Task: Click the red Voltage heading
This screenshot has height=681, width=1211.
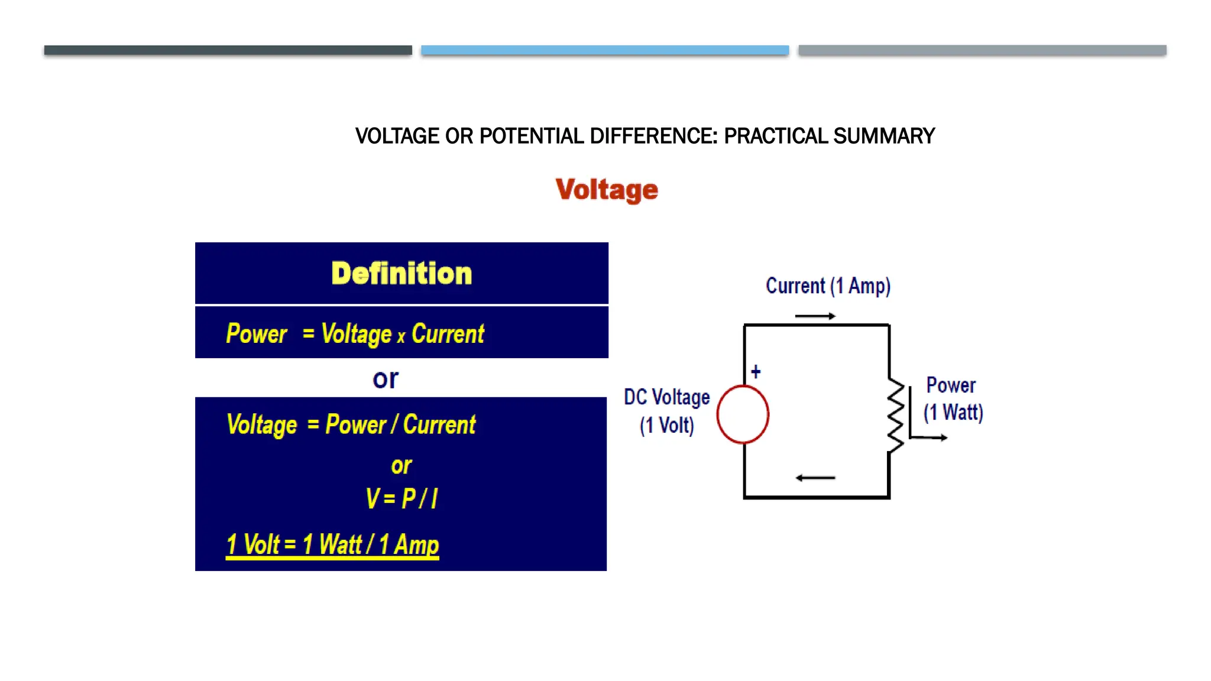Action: pos(606,190)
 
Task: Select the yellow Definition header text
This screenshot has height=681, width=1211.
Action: pos(401,274)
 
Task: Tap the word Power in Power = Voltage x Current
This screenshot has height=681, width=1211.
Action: pos(257,334)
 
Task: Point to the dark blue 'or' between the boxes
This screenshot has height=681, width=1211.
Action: pos(386,379)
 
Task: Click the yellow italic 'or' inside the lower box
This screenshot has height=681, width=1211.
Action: pos(401,466)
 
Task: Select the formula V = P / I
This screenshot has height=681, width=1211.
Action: pos(401,498)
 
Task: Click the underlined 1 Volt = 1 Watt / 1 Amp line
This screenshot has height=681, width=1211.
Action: pos(332,544)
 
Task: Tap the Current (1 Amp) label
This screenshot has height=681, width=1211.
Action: pos(828,286)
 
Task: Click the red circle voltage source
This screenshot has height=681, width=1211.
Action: pos(743,414)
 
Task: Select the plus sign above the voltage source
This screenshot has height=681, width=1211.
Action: pos(756,372)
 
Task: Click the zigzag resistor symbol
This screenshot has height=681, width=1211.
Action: pos(895,416)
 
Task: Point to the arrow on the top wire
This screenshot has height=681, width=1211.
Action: pos(815,316)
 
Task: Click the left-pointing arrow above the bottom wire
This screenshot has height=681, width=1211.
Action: pos(815,478)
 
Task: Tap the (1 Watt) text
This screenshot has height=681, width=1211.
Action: pos(953,412)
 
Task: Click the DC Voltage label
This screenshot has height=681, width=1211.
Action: pos(667,397)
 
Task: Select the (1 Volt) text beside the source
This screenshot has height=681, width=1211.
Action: pos(667,426)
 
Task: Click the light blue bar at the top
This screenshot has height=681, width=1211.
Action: pos(605,50)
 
